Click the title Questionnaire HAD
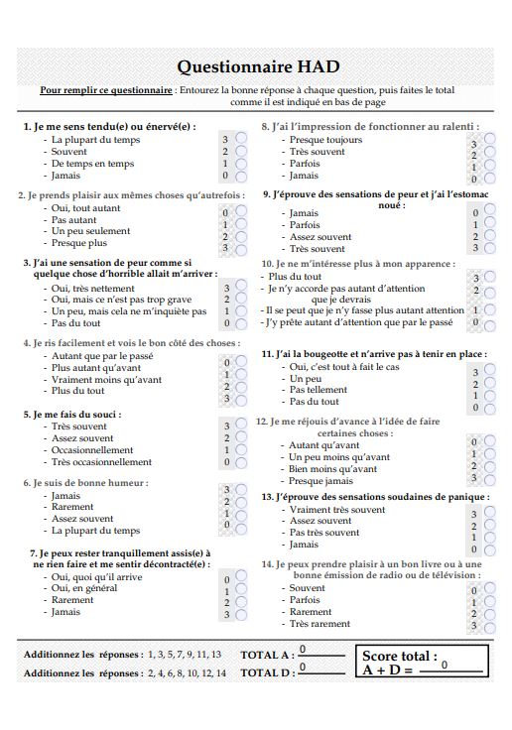point(257,66)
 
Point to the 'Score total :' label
point(400,655)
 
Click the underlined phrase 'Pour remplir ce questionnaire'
point(105,89)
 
